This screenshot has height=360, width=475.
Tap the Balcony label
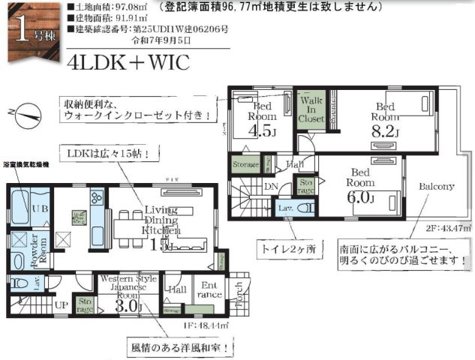click(436, 186)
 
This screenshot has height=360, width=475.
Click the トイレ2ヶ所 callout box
click(290, 247)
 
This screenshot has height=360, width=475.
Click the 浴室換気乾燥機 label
click(26, 163)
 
